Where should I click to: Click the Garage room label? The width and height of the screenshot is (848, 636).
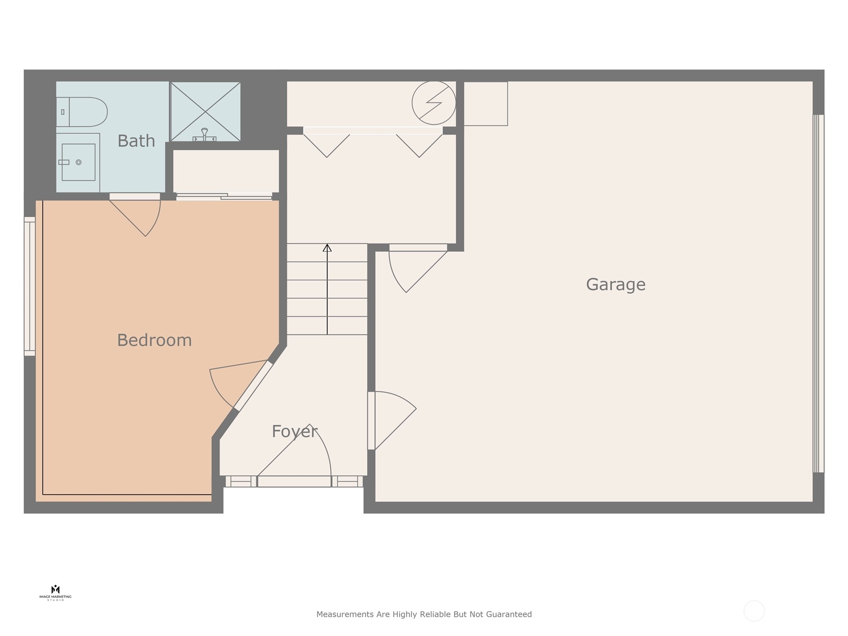(615, 285)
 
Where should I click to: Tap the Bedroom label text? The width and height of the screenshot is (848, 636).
(154, 340)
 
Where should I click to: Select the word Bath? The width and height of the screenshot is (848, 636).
(136, 141)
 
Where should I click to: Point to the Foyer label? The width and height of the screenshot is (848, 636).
(294, 431)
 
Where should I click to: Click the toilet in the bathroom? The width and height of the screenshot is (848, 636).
(85, 112)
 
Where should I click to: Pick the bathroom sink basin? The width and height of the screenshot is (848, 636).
(78, 162)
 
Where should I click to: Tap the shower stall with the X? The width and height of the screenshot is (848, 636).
(205, 112)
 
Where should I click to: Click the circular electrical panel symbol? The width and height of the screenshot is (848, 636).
(434, 103)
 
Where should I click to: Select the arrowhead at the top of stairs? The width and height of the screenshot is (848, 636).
(327, 248)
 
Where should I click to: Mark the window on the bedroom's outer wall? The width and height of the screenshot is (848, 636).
(30, 286)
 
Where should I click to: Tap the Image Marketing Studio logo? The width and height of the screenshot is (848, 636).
(55, 593)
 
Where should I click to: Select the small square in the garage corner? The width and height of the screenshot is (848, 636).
(485, 104)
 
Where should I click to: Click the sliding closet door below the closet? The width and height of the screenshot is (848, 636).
(224, 196)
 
